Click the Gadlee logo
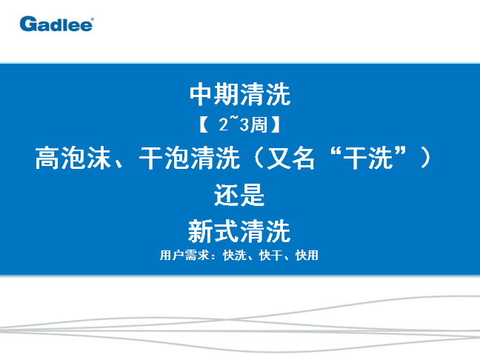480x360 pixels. (56, 24)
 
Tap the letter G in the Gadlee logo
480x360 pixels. (27, 24)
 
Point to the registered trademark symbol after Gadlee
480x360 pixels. (93, 19)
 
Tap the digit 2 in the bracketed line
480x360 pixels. (224, 124)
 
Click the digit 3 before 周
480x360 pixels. (244, 125)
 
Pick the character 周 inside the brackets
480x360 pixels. (259, 125)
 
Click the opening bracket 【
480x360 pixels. (204, 125)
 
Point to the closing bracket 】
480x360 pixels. (276, 125)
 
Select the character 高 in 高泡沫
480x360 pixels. (47, 158)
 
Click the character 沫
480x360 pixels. (99, 158)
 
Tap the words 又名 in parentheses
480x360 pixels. (290, 158)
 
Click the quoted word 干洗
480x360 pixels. (369, 158)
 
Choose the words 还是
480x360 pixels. (239, 195)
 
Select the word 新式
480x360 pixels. (213, 231)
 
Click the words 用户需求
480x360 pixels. (184, 255)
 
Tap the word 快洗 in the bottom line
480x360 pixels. (235, 256)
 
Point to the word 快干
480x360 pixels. (270, 256)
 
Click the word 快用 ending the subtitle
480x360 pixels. (307, 256)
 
